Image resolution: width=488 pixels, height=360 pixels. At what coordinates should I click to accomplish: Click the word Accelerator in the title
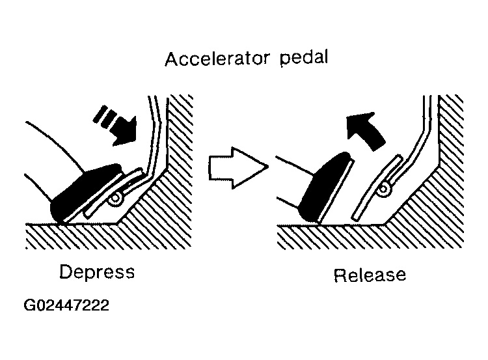tap(217, 59)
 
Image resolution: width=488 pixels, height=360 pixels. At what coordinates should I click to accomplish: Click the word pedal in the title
tap(304, 58)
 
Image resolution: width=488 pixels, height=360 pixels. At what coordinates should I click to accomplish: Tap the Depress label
tap(97, 272)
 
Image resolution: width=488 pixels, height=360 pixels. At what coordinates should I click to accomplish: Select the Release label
tap(370, 275)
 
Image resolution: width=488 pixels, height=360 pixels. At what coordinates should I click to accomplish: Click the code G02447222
tap(66, 305)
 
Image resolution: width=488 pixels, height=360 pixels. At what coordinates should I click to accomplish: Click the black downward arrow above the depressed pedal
tap(124, 132)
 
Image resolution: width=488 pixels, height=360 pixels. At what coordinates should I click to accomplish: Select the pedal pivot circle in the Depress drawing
tap(116, 199)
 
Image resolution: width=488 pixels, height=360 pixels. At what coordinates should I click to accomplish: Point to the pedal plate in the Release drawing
tap(377, 187)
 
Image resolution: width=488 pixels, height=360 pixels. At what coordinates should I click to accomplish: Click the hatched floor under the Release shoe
tap(330, 237)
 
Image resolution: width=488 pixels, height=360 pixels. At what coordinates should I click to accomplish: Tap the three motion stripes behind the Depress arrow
tap(105, 117)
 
